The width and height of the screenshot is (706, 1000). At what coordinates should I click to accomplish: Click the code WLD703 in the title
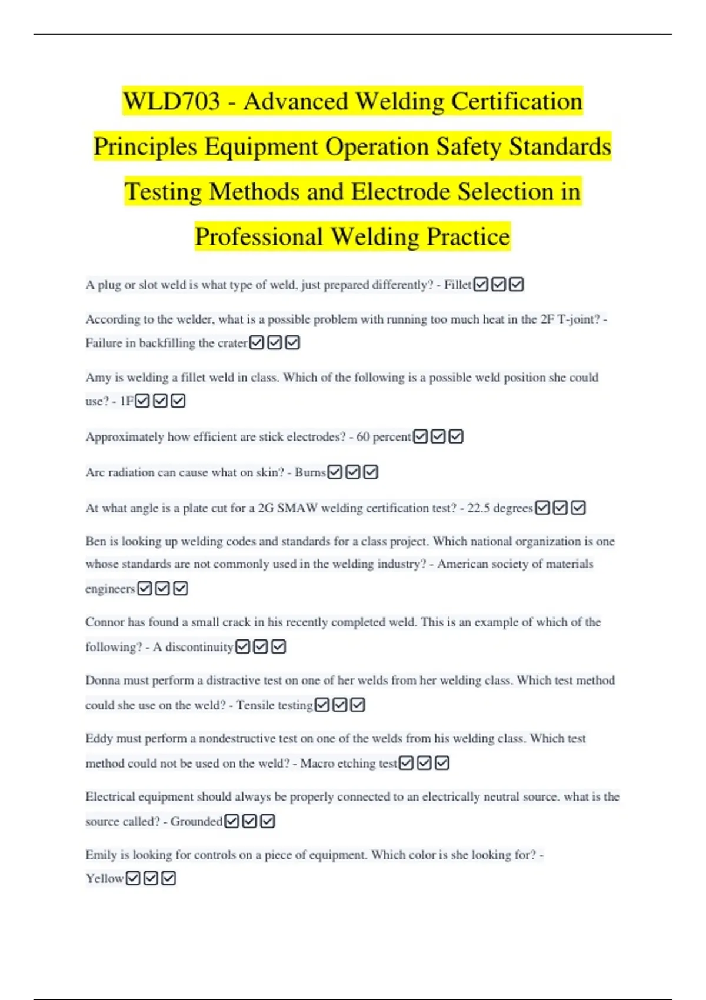(171, 101)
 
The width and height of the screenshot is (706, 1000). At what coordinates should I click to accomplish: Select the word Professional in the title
(258, 236)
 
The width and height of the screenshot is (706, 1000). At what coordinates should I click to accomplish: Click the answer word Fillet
(457, 285)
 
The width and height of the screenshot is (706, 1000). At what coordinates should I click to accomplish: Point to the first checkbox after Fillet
(481, 285)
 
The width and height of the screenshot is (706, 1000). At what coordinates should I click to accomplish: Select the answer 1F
(126, 401)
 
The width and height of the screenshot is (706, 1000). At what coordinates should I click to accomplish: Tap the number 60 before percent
(362, 437)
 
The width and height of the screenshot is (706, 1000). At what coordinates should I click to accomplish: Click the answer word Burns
(310, 472)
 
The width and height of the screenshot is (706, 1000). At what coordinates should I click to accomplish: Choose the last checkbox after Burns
(371, 472)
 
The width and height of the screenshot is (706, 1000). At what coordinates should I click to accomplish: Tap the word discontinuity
(199, 647)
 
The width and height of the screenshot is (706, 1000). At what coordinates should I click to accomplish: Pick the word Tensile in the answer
(254, 705)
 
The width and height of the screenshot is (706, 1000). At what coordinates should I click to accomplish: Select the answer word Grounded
(196, 822)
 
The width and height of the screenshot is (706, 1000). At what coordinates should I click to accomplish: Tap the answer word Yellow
(104, 879)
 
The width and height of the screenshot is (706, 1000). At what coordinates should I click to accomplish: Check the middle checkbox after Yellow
(151, 879)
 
